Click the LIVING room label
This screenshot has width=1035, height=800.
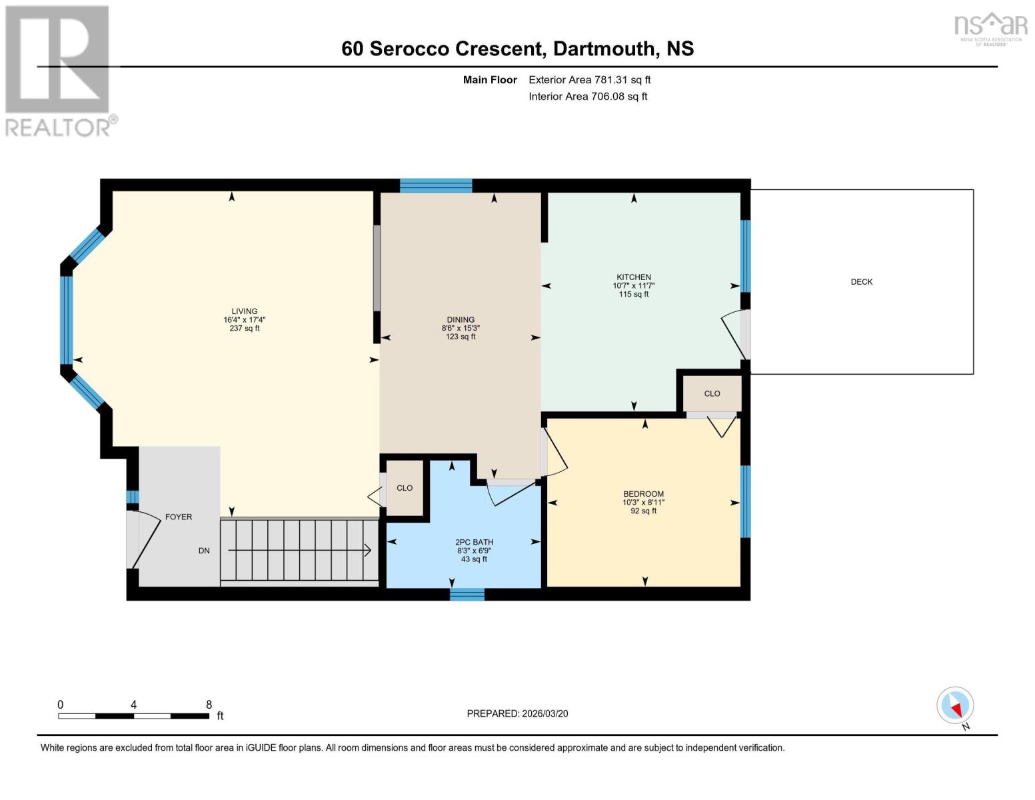pyautogui.click(x=244, y=311)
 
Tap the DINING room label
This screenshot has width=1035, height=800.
pyautogui.click(x=461, y=320)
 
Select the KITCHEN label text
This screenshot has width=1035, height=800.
pyautogui.click(x=633, y=277)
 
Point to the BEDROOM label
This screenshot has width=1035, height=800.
pyautogui.click(x=643, y=494)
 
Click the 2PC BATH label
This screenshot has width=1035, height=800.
pyautogui.click(x=474, y=543)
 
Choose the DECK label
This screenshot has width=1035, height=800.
pyautogui.click(x=861, y=282)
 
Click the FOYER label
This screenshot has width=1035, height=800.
pyautogui.click(x=179, y=517)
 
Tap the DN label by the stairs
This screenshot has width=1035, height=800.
pyautogui.click(x=204, y=551)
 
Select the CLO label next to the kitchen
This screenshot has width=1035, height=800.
pyautogui.click(x=712, y=393)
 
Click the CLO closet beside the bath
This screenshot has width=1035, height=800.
pyautogui.click(x=405, y=488)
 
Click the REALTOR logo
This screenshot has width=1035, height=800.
pyautogui.click(x=59, y=71)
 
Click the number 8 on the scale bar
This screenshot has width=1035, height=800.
pyautogui.click(x=209, y=705)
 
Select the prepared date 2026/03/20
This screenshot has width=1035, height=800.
pyautogui.click(x=544, y=713)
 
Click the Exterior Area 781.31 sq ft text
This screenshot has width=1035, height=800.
pyautogui.click(x=589, y=80)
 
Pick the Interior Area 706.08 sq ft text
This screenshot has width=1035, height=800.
pyautogui.click(x=588, y=97)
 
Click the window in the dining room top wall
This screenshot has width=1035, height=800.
pyautogui.click(x=436, y=185)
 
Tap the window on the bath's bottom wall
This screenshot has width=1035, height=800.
pyautogui.click(x=467, y=594)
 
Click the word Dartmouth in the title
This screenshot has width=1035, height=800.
pyautogui.click(x=604, y=49)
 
